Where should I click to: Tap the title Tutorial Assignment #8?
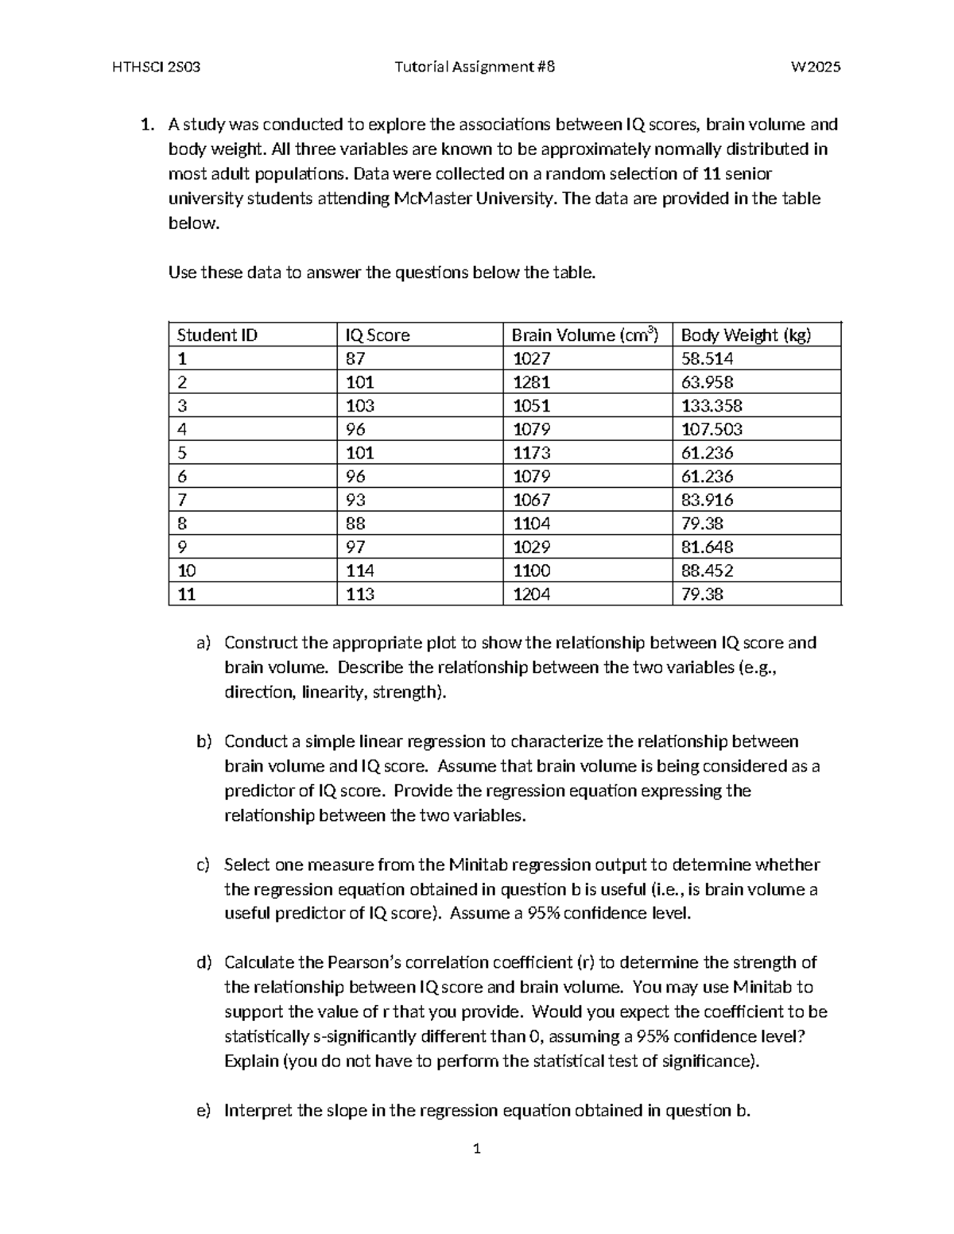pyautogui.click(x=475, y=68)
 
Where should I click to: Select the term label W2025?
pyautogui.click(x=815, y=68)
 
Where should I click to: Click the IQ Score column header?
pyautogui.click(x=378, y=335)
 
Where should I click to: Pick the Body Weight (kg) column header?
pyautogui.click(x=746, y=335)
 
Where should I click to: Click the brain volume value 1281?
pyautogui.click(x=531, y=382)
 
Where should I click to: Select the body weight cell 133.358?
pyautogui.click(x=712, y=406)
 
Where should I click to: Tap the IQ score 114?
pyautogui.click(x=360, y=571)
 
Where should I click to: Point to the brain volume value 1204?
pyautogui.click(x=531, y=594)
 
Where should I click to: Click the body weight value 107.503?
pyautogui.click(x=712, y=429)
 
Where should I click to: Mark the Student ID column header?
pyautogui.click(x=217, y=335)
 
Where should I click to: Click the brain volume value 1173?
pyautogui.click(x=531, y=453)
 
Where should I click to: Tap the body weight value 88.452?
pyautogui.click(x=707, y=571)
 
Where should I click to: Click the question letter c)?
pyautogui.click(x=204, y=865)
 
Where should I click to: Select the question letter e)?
pyautogui.click(x=204, y=1111)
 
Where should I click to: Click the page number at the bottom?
pyautogui.click(x=476, y=1148)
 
